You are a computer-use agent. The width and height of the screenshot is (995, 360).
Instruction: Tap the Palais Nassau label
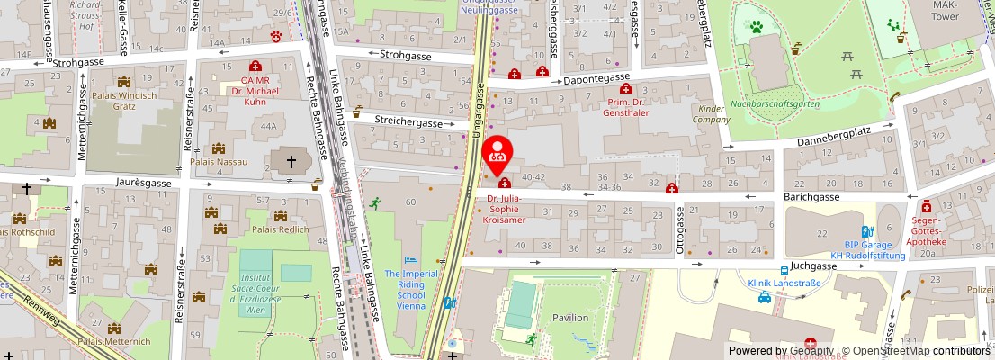219,164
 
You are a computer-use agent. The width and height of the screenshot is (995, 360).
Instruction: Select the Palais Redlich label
280,229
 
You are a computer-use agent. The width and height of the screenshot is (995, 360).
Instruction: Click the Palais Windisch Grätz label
125,102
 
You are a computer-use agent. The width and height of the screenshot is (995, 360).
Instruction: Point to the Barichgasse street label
811,196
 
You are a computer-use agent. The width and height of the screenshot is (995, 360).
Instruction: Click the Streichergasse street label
408,122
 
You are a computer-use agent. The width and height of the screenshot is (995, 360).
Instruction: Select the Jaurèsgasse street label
143,182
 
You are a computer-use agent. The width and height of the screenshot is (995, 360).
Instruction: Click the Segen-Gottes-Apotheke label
927,232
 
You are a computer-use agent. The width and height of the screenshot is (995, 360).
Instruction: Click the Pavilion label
570,317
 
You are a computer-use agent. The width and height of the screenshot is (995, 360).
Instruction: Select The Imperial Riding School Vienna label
410,290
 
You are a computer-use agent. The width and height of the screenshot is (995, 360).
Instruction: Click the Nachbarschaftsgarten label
775,104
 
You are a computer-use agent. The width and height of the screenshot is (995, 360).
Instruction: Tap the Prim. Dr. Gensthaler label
627,108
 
